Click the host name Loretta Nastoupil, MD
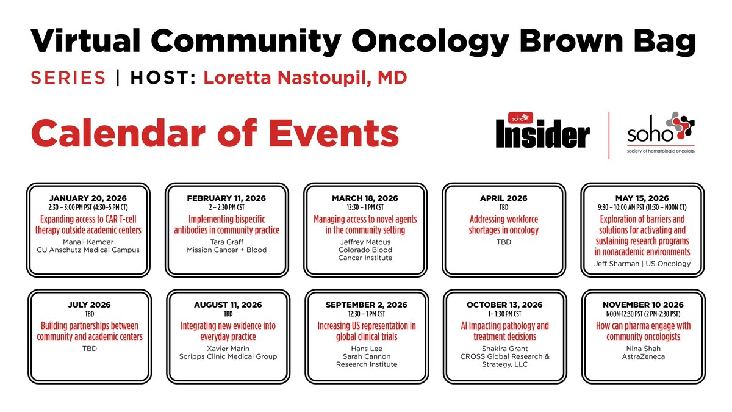pos(305,78)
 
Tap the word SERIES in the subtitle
pos(68,78)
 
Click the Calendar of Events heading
pos(215,132)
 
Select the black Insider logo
pos(542,132)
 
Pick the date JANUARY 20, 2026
pos(89,198)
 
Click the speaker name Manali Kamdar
pos(89,241)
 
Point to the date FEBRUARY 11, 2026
pos(226,198)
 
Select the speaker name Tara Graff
pos(226,241)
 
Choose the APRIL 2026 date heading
pos(504,198)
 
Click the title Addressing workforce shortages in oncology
pos(504,224)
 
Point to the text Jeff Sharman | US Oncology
pos(642,264)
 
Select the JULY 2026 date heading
pos(89,305)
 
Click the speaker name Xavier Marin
pos(226,348)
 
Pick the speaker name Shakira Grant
pos(504,348)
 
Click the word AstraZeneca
pos(642,356)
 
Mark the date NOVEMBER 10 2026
pos(642,305)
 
